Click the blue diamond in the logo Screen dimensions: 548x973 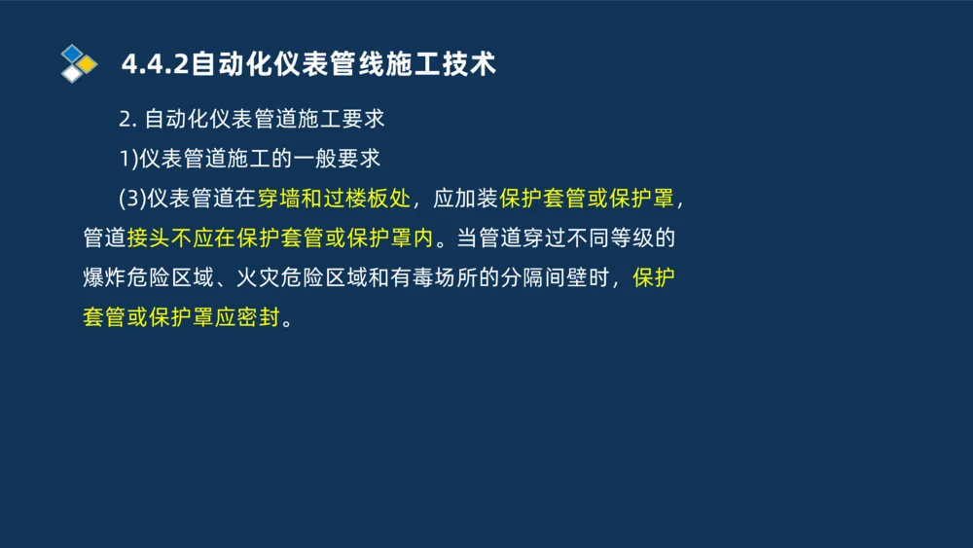(x=72, y=53)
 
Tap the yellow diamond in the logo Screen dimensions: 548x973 (x=88, y=64)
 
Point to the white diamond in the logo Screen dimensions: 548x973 (x=72, y=74)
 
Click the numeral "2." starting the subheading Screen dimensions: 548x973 (x=126, y=120)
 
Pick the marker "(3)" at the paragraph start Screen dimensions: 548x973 (x=131, y=199)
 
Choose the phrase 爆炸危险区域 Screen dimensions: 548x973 (x=147, y=278)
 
